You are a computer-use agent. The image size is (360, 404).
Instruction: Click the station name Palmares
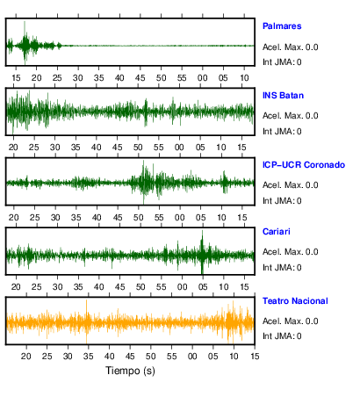(282, 26)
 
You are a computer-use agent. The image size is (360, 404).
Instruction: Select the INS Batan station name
(283, 96)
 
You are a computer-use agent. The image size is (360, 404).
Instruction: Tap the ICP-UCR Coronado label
(304, 165)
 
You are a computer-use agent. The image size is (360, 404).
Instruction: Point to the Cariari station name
(277, 232)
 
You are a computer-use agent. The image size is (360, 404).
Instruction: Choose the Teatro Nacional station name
(295, 301)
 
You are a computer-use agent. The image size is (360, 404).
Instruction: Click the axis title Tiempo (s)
(130, 371)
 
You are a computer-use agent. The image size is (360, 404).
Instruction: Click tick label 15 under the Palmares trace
(16, 78)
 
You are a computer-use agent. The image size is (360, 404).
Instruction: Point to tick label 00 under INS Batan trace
(179, 148)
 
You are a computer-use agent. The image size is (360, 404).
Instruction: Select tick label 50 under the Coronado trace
(138, 218)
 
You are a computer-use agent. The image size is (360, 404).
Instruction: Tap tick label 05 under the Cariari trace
(203, 287)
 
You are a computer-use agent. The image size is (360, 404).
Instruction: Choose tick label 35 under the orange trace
(89, 357)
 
